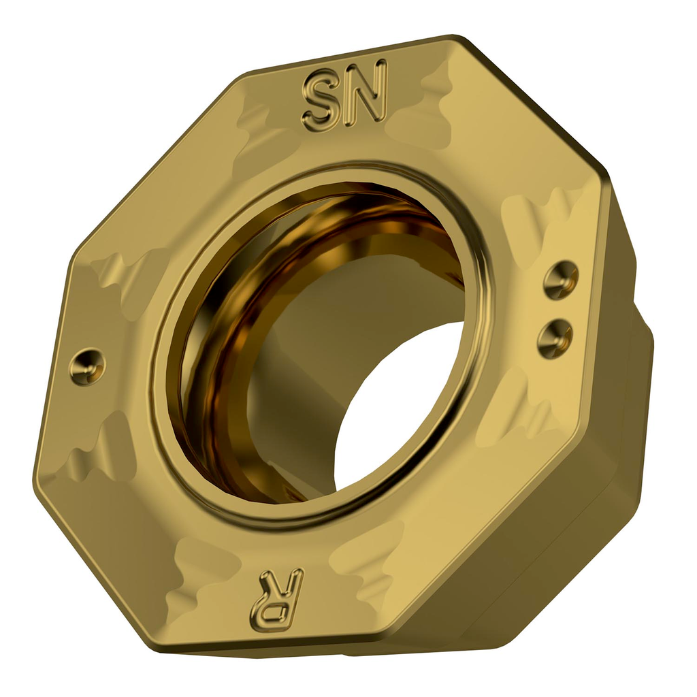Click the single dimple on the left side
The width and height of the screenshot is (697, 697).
pyautogui.click(x=87, y=366)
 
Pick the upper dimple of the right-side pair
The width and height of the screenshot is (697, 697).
pyautogui.click(x=561, y=279)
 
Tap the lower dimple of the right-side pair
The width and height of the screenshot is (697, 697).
pyautogui.click(x=555, y=337)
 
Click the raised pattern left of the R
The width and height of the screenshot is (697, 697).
pyautogui.click(x=204, y=572)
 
